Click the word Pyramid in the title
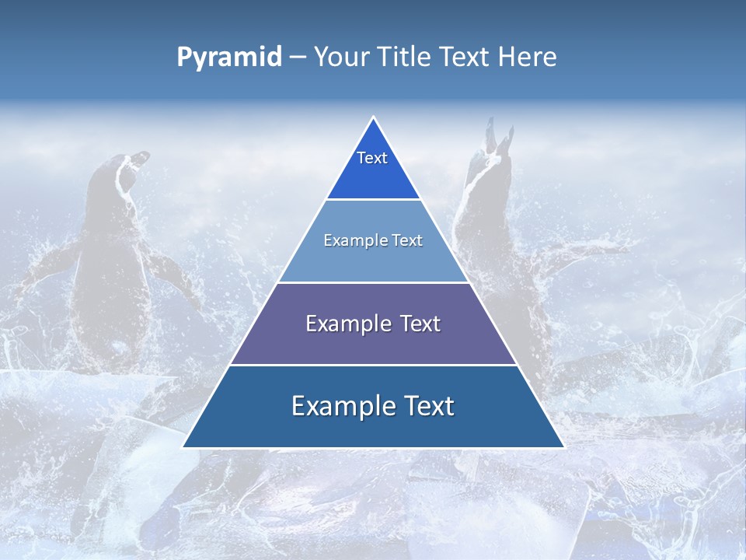(229, 58)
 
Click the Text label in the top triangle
(372, 159)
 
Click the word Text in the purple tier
(420, 324)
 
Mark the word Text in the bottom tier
(429, 407)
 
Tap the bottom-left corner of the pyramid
(184, 447)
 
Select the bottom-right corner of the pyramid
(563, 447)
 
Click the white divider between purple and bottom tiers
(373, 365)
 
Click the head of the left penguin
(124, 167)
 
